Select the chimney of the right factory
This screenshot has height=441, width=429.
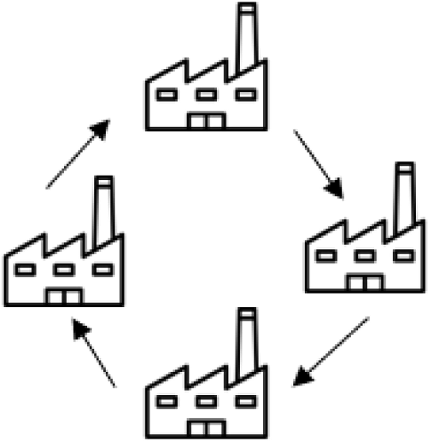[406, 198]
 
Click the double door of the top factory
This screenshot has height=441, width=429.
[206, 121]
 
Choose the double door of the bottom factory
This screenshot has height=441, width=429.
[206, 428]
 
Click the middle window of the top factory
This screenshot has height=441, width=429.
[206, 95]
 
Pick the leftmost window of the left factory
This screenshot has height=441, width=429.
[25, 270]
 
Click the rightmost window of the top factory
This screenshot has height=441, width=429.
[246, 95]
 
